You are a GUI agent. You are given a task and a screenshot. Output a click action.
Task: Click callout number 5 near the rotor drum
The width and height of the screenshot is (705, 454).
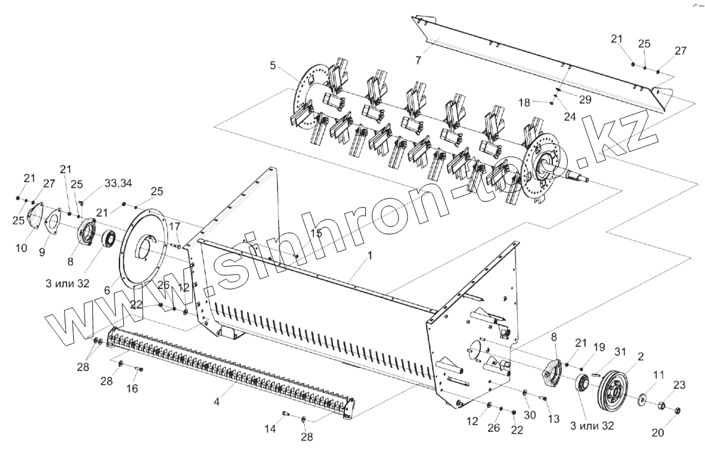tap(273, 65)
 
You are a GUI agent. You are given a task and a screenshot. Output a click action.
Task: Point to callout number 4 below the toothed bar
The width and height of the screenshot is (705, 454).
tap(216, 401)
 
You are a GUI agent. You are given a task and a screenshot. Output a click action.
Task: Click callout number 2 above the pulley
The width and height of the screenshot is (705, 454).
tap(641, 357)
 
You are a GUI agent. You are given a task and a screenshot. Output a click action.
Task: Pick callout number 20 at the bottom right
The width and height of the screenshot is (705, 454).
tap(658, 432)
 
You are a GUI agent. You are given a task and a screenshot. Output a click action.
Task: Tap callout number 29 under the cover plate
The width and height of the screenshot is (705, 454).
tap(584, 99)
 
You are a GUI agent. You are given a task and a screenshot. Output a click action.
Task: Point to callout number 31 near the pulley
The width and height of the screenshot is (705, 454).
tap(620, 352)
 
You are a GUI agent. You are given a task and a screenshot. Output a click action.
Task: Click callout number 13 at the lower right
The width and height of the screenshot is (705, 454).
tap(553, 419)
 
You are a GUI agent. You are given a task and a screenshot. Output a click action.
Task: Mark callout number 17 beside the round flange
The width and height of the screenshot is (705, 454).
tap(175, 226)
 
